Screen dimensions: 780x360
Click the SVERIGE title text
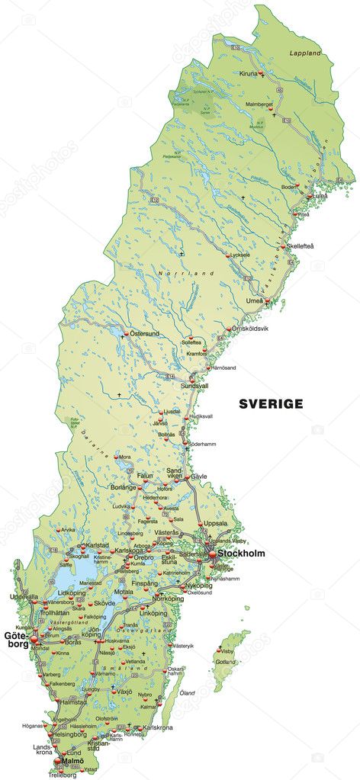(x=271, y=404)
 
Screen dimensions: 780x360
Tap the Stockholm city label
(x=241, y=554)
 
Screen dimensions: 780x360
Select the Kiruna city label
(x=249, y=73)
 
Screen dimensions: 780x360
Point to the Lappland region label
(x=305, y=54)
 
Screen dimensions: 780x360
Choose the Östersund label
(x=145, y=334)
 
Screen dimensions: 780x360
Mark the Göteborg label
(x=16, y=640)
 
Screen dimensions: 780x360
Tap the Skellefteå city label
(x=299, y=246)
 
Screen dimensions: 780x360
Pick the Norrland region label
(x=175, y=273)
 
